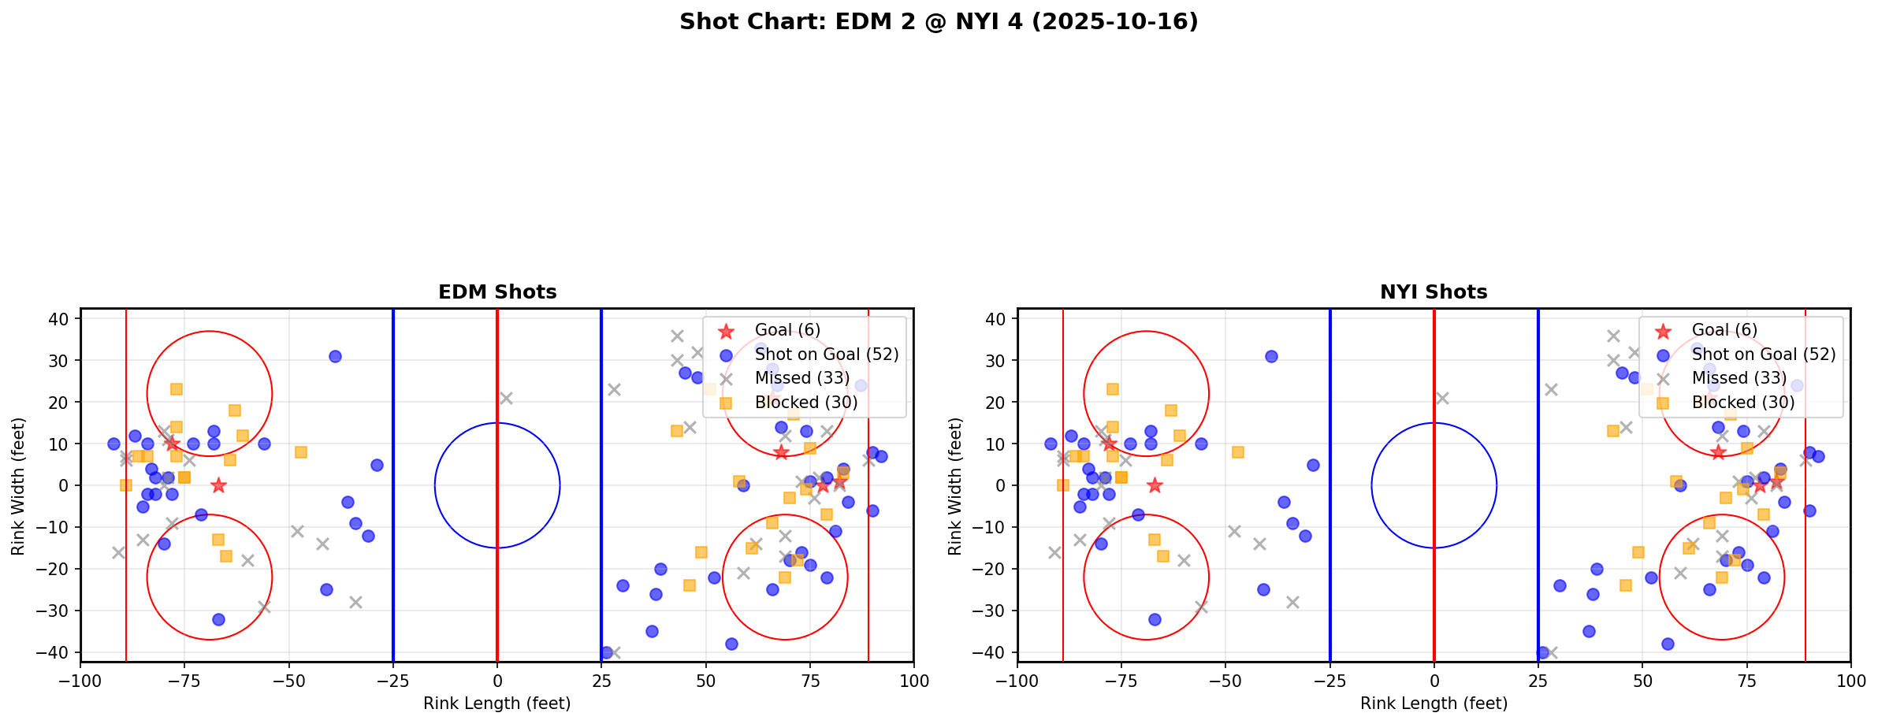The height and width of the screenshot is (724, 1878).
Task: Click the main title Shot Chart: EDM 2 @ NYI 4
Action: tap(938, 22)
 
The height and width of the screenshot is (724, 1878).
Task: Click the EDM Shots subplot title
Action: tap(497, 292)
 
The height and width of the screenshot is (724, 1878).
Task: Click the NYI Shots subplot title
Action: tap(1434, 292)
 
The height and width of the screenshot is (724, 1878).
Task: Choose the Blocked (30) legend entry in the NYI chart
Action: tap(1743, 403)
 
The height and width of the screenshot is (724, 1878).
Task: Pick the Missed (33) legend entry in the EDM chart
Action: tap(801, 378)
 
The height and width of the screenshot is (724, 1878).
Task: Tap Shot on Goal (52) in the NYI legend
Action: tap(1764, 355)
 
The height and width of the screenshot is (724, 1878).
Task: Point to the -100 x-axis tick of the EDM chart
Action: tap(80, 681)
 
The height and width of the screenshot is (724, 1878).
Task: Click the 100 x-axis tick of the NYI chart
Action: tap(1850, 681)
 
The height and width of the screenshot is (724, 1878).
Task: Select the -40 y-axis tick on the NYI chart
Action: tap(996, 652)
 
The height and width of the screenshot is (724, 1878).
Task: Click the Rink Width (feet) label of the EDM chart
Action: tap(18, 485)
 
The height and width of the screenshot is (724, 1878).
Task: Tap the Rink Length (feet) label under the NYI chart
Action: tap(1434, 704)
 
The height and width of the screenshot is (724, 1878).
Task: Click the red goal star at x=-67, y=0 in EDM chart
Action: tap(218, 485)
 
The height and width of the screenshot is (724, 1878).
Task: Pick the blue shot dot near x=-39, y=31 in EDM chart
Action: tap(335, 356)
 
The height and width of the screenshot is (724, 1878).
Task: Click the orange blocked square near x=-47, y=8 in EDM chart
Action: tap(301, 452)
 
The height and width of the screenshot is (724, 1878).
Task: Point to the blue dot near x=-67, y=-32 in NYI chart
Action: tap(1155, 619)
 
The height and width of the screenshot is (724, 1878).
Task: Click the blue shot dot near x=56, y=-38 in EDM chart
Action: tap(731, 644)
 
